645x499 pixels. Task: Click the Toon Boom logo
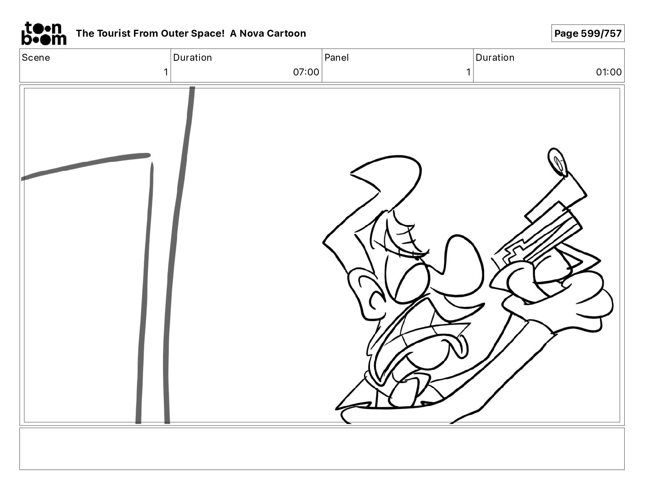pyautogui.click(x=44, y=33)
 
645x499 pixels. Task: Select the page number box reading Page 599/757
pyautogui.click(x=588, y=33)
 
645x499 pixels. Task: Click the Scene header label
pyautogui.click(x=36, y=57)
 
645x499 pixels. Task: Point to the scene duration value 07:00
pyautogui.click(x=306, y=72)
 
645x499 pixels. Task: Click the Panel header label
pyautogui.click(x=336, y=57)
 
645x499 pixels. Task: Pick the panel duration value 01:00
pyautogui.click(x=608, y=72)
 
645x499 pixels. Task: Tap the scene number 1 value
pyautogui.click(x=166, y=72)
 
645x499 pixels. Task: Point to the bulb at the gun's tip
pyautogui.click(x=557, y=162)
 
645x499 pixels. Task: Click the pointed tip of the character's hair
pyautogui.click(x=352, y=172)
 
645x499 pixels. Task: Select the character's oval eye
pyautogui.click(x=407, y=283)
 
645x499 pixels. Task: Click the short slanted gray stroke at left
pyautogui.click(x=86, y=166)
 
